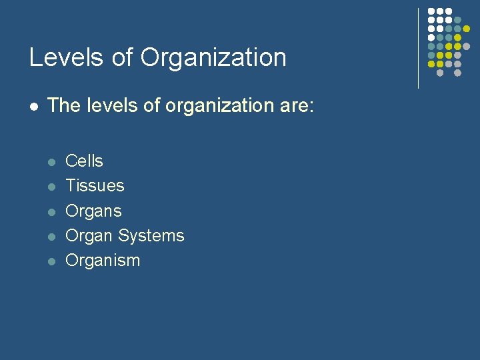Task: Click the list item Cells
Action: [84, 161]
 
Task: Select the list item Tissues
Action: [95, 186]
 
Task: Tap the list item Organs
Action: [93, 211]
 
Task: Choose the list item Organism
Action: [103, 261]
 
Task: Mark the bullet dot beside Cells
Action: [51, 162]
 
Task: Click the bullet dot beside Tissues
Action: [51, 187]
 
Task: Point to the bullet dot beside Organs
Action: [51, 212]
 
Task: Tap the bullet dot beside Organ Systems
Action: [51, 237]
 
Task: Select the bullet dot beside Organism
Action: [51, 261]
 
